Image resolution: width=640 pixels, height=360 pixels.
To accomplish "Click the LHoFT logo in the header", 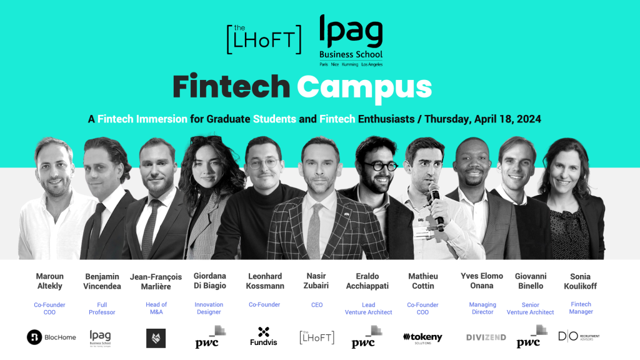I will pos(263,39).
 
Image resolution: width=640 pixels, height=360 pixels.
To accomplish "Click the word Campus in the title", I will pos(364,87).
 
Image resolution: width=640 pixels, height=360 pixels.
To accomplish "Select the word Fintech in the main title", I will pos(231,87).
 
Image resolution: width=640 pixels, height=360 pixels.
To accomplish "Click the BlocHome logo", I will pos(51,337).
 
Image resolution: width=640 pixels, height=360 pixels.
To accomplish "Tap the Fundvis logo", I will pos(263,336).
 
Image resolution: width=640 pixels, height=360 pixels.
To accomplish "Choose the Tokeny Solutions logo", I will pos(422,337).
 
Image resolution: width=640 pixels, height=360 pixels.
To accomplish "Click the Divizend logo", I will pos(486,337).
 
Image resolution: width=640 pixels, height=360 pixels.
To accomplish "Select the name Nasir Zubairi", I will pos(317,281).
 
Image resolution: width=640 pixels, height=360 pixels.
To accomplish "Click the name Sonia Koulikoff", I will pos(580,281).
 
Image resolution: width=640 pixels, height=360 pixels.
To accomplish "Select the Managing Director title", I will pos(482,308).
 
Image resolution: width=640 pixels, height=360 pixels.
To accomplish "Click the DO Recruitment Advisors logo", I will pos(578,337).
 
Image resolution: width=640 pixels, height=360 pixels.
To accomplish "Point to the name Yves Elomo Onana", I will pos(482,281).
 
